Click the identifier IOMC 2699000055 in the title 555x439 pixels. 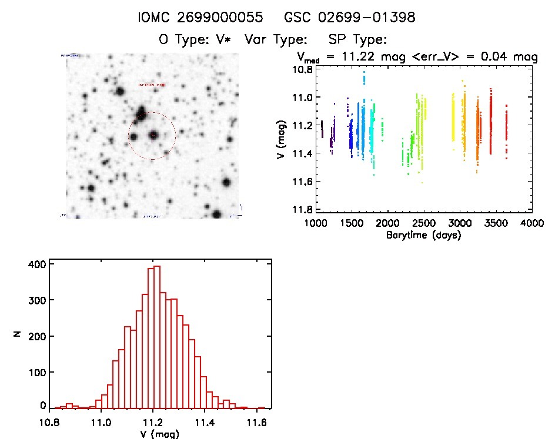click(x=199, y=18)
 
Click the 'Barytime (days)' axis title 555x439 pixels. click(x=423, y=235)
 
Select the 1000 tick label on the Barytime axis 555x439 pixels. click(x=315, y=223)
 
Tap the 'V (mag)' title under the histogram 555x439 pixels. click(x=156, y=434)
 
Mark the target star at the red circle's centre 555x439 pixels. click(x=152, y=135)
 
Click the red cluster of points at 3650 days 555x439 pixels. click(x=506, y=126)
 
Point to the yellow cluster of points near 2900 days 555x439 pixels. click(x=453, y=118)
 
